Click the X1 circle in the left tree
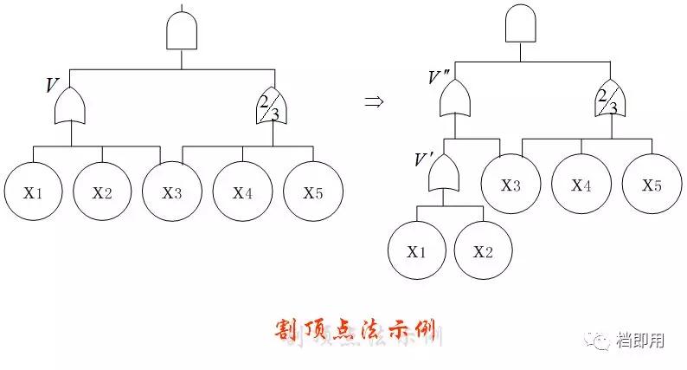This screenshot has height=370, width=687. pyautogui.click(x=33, y=191)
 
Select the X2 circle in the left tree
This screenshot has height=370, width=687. pyautogui.click(x=102, y=191)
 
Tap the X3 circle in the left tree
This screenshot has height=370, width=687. pyautogui.click(x=171, y=191)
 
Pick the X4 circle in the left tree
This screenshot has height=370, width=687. pyautogui.click(x=242, y=191)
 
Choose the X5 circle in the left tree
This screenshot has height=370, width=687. pyautogui.click(x=312, y=191)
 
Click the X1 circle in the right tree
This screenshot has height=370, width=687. pyautogui.click(x=416, y=251)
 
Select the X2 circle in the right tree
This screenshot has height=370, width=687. pyautogui.click(x=483, y=251)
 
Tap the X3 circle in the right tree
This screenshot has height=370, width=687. pyautogui.click(x=510, y=184)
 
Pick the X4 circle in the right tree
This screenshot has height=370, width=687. pyautogui.click(x=581, y=184)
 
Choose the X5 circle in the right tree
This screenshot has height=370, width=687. pyautogui.click(x=652, y=184)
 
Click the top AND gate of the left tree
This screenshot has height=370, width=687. pyautogui.click(x=182, y=32)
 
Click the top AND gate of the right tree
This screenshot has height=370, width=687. pyautogui.click(x=520, y=24)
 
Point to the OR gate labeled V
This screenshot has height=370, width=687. pyautogui.click(x=70, y=107)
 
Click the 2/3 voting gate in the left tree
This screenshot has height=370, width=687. pyautogui.click(x=271, y=107)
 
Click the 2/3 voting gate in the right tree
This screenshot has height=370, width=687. pyautogui.click(x=610, y=100)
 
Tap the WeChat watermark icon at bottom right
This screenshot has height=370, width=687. pyautogui.click(x=600, y=341)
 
